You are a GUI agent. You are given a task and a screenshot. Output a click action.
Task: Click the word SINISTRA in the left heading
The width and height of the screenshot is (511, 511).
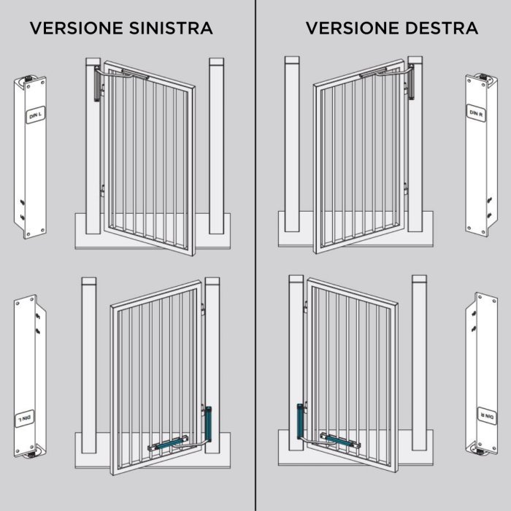[171, 28]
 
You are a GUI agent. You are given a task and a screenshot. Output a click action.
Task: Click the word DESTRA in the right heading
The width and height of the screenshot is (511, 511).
[442, 28]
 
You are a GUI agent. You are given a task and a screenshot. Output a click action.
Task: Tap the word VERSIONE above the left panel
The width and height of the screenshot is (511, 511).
[77, 28]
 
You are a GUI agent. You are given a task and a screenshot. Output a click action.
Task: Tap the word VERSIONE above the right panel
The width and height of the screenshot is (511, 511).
[353, 28]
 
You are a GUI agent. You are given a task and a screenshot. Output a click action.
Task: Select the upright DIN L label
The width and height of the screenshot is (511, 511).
[35, 115]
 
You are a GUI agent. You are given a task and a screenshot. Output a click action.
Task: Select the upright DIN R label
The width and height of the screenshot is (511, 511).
[476, 113]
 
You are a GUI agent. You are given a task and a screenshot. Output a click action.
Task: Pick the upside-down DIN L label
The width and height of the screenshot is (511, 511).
[24, 418]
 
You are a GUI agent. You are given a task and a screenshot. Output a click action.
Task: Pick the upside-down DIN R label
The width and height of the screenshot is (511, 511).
[487, 416]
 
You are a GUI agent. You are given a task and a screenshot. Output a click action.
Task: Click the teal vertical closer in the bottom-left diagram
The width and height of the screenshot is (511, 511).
[208, 423]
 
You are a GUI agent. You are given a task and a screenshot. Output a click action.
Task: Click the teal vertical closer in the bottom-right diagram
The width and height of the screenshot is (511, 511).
[300, 421]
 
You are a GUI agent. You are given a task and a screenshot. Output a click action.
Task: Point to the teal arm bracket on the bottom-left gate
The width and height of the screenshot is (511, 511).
[168, 443]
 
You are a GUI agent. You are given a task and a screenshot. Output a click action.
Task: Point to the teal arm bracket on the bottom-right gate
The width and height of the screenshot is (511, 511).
[340, 440]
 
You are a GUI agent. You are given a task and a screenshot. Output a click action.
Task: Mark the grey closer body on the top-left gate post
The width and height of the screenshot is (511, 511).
[97, 83]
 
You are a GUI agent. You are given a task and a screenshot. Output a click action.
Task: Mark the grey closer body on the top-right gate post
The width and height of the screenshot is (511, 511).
[410, 82]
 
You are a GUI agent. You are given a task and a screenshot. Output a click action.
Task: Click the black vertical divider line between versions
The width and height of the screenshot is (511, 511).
[255, 255]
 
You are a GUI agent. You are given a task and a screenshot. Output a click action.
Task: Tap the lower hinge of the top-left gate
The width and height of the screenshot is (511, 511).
[102, 191]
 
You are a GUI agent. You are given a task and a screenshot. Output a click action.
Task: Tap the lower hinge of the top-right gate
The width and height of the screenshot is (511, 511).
[406, 188]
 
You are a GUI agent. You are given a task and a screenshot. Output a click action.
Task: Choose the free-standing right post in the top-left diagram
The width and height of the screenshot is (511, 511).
[216, 146]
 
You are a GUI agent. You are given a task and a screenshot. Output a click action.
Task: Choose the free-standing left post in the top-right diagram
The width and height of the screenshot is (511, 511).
[292, 144]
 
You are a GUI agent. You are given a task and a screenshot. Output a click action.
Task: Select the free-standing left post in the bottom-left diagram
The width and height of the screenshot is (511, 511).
[88, 365]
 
